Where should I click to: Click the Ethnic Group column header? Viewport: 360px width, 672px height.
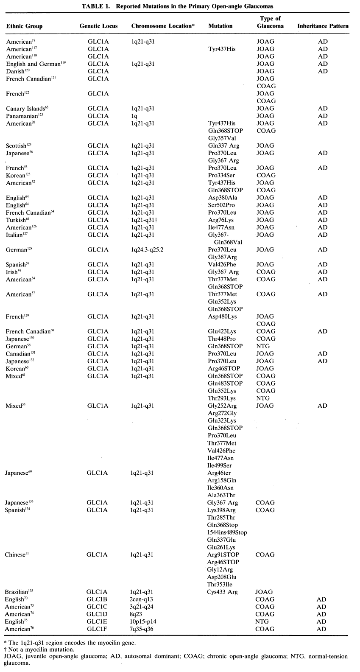(24, 26)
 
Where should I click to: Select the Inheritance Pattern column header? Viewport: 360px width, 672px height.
(323, 26)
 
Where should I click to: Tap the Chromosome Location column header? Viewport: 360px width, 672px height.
(162, 26)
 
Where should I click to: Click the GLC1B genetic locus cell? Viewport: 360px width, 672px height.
(98, 599)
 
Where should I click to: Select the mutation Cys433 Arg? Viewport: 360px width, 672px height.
(222, 592)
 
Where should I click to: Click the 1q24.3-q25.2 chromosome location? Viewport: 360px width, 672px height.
(147, 249)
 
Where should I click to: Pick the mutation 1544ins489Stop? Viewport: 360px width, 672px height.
(227, 532)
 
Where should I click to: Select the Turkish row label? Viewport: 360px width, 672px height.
(17, 220)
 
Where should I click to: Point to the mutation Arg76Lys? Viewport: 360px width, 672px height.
(220, 220)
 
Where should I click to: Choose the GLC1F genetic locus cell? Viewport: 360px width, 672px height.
(98, 629)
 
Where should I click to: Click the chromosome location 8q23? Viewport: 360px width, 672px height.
(137, 614)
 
